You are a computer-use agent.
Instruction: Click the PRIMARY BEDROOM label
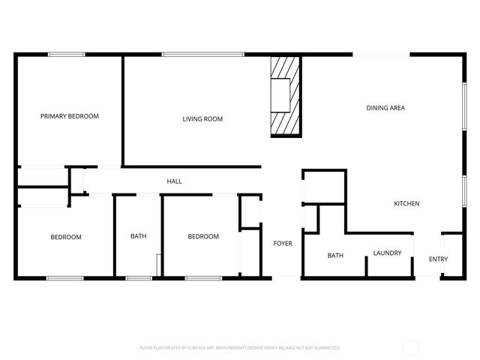point(70,116)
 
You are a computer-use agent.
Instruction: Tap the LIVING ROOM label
point(202,119)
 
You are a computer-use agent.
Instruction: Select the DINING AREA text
point(385,108)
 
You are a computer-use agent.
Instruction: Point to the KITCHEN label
point(406,204)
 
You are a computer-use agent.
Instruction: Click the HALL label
point(174,181)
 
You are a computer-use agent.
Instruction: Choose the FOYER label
point(283,243)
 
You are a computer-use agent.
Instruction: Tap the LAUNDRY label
point(388,253)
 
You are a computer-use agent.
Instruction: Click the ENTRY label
point(438,259)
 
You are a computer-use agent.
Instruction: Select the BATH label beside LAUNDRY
point(335,256)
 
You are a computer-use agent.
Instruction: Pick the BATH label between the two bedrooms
point(139,237)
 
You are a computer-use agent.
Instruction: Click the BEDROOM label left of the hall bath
point(66,238)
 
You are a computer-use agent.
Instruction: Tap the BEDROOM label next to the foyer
point(203,237)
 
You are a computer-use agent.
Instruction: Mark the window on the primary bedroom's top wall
point(67,54)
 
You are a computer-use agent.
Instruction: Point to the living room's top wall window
point(202,54)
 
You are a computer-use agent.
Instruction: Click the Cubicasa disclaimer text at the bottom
point(240,348)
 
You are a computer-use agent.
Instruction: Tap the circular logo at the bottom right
point(411,348)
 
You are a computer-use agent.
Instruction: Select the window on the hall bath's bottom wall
point(139,278)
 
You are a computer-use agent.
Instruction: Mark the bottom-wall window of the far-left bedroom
point(65,278)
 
